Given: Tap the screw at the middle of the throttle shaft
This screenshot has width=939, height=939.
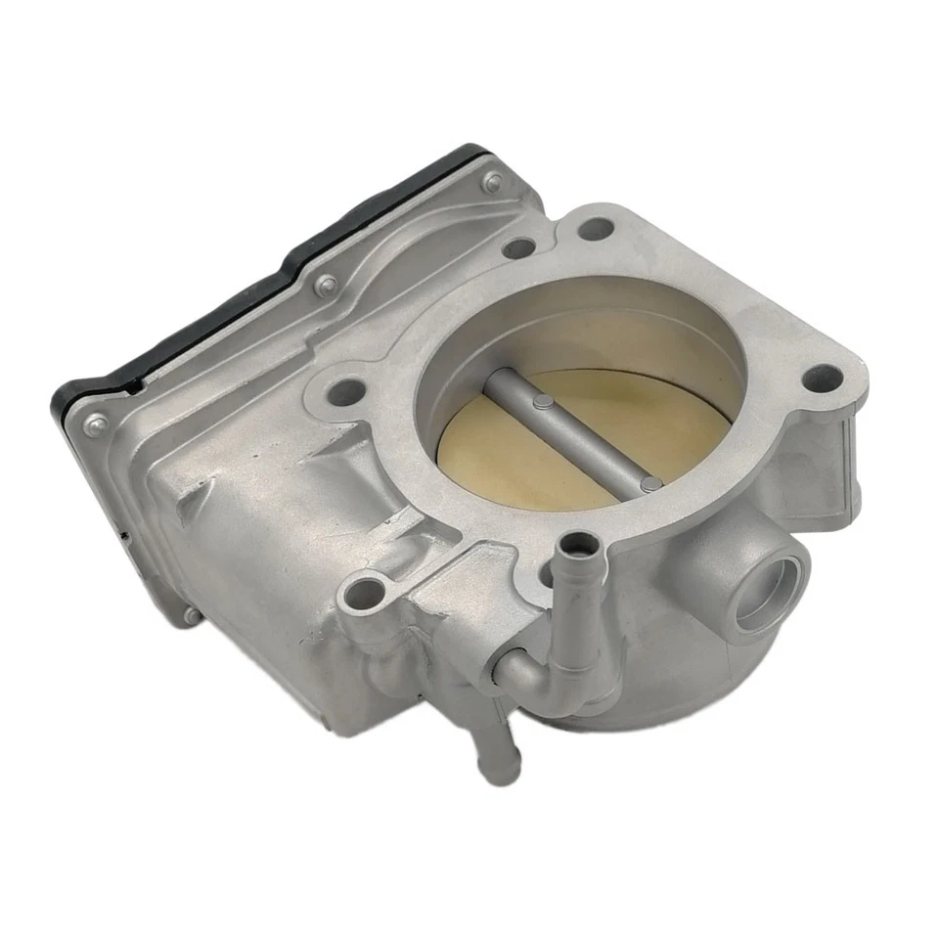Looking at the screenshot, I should (x=541, y=400).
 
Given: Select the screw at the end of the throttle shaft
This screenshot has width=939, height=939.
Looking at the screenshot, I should (x=648, y=482).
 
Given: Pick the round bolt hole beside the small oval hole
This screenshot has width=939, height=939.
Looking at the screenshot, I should (x=595, y=229).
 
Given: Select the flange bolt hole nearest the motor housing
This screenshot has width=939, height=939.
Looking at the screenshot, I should (x=347, y=393).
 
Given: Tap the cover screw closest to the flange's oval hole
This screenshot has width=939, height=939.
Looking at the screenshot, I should (x=492, y=181).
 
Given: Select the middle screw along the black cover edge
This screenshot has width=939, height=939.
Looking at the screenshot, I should (x=326, y=285).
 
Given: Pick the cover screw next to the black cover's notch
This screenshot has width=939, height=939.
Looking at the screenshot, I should (x=96, y=424).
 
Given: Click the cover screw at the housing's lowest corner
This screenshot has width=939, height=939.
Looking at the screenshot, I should (x=189, y=615).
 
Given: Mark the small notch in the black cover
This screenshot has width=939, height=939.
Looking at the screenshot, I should (x=125, y=534).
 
